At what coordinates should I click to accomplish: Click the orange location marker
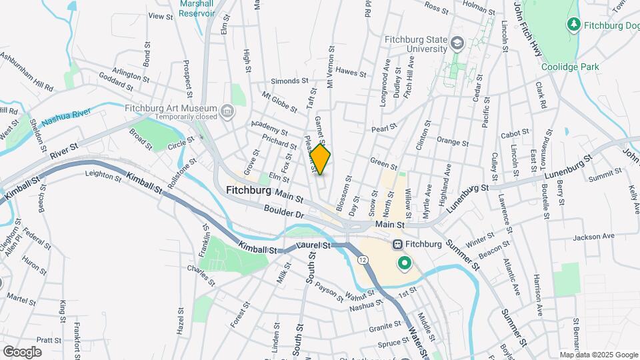(x=320, y=159)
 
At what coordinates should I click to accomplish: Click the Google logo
(x=22, y=351)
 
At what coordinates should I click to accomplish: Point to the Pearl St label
(x=384, y=126)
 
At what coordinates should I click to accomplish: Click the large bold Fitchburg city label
(x=248, y=190)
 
